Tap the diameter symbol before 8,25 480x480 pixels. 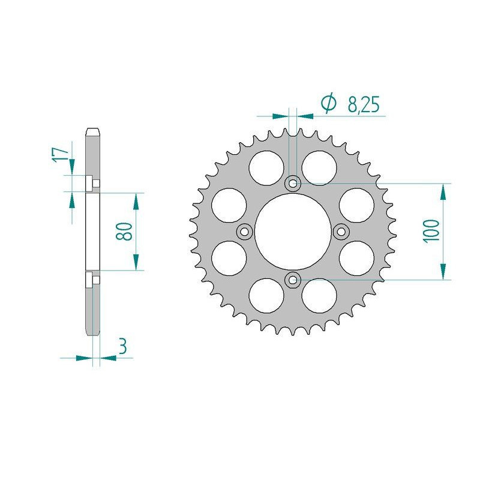pyautogui.click(x=329, y=104)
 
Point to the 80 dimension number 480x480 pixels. pyautogui.click(x=124, y=231)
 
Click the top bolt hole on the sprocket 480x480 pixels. pyautogui.click(x=293, y=184)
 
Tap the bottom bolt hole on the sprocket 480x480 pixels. pyautogui.click(x=293, y=278)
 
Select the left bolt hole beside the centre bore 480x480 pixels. pyautogui.click(x=245, y=232)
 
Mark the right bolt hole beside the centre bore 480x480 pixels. pyautogui.click(x=340, y=232)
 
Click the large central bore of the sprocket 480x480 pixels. pyautogui.click(x=293, y=232)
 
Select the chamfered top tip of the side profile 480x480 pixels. pyautogui.click(x=92, y=130)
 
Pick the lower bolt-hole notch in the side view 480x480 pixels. pyautogui.click(x=89, y=279)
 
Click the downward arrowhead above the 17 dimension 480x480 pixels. pyautogui.click(x=72, y=165)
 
